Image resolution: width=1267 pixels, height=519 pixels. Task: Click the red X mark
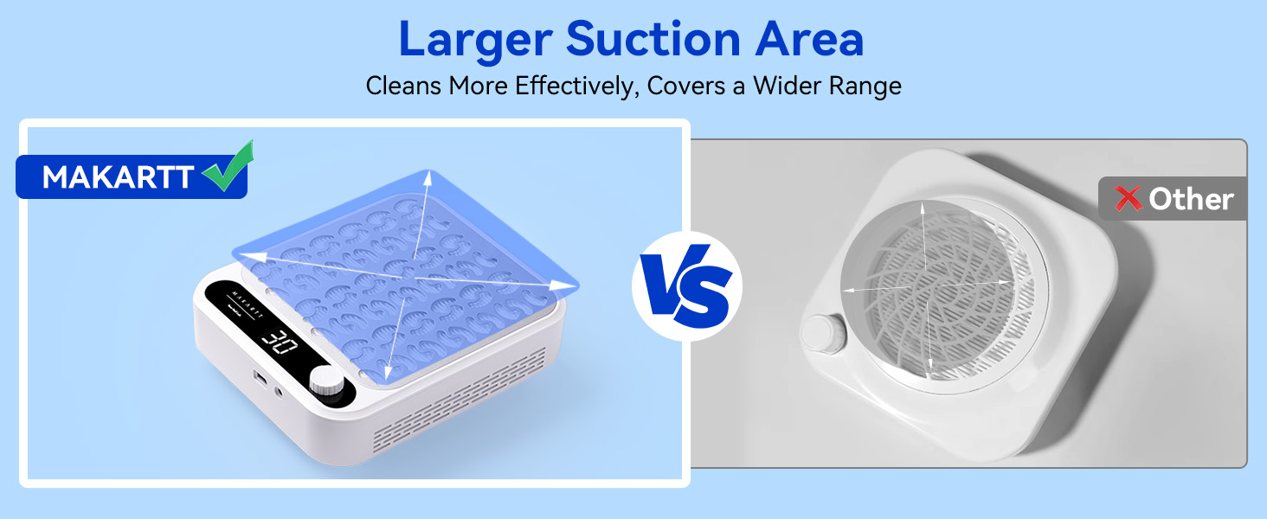tap(1129, 199)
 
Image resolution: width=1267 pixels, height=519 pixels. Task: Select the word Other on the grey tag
tap(1191, 199)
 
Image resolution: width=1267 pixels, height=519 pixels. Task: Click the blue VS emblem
tap(687, 285)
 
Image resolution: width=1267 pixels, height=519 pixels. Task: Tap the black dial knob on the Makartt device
tap(328, 381)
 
